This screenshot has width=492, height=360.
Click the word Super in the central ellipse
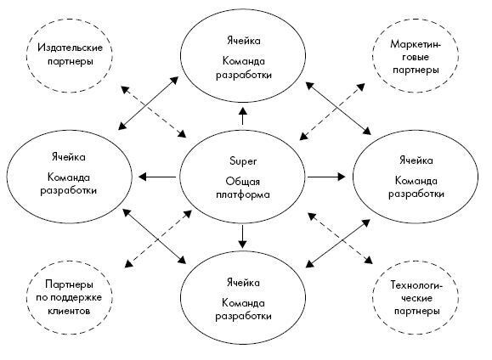pos(243,161)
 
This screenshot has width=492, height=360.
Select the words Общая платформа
pos(243,188)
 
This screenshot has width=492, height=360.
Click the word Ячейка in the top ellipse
pos(243,41)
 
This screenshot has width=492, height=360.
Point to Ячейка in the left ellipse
pos(68,157)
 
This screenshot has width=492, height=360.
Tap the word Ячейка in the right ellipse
pos(416,160)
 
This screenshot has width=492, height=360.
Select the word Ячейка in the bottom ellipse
pos(243,283)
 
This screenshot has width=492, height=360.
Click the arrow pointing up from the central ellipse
pos(243,115)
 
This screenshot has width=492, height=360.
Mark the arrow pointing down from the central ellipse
pos(242,237)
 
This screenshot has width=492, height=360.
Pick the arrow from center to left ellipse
pos(157,177)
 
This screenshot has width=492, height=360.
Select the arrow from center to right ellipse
pos(326,177)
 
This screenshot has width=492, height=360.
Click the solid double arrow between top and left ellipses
pos(149,103)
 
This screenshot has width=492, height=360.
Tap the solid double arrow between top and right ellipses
pos(338,108)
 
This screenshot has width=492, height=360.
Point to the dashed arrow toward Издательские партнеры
pos(154,111)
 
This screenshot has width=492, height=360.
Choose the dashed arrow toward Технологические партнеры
pos(340,238)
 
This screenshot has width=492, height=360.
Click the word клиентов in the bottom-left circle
pos(69,311)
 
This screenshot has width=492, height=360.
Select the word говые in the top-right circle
pos(416,58)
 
